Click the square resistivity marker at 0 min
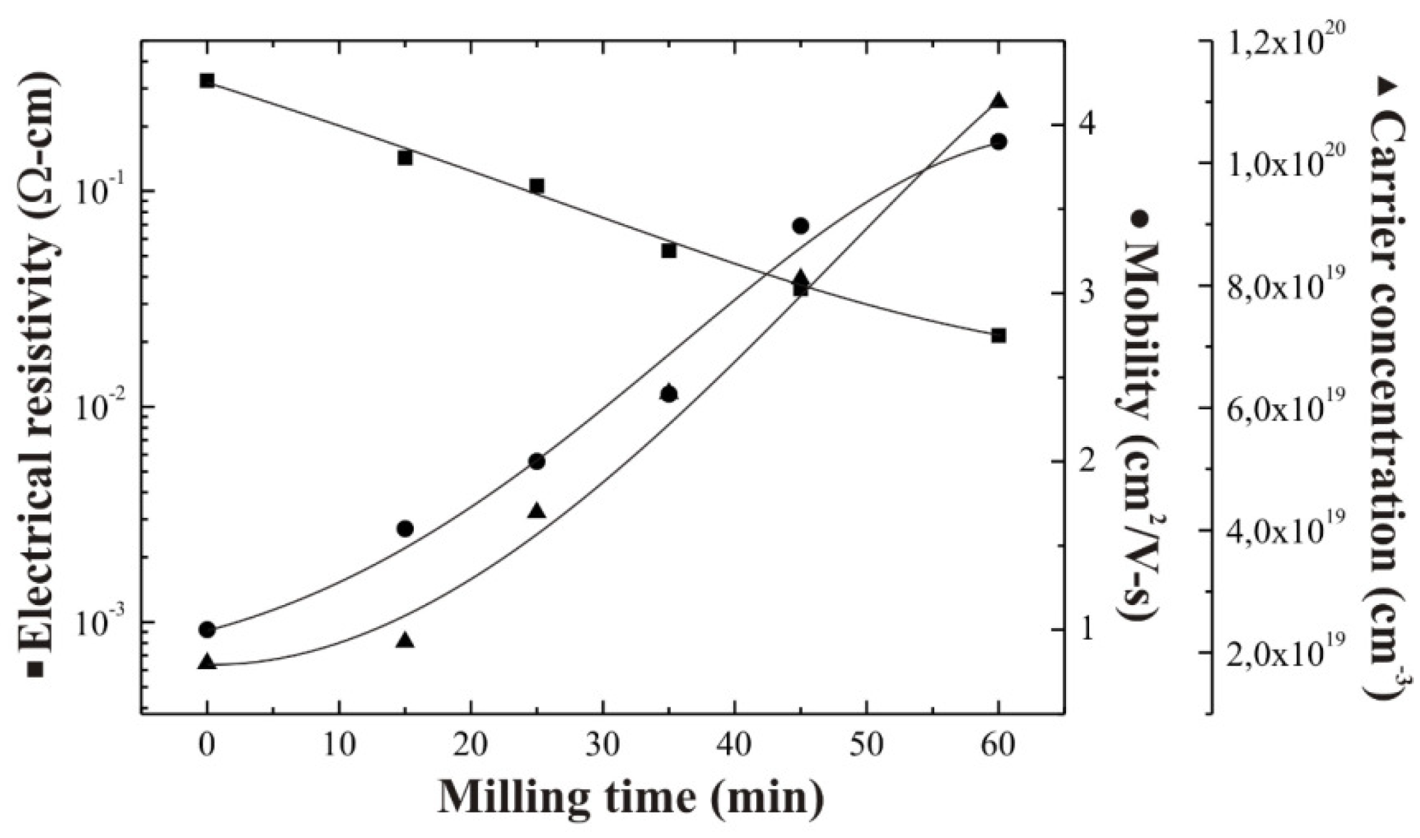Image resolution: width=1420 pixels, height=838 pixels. point(207,80)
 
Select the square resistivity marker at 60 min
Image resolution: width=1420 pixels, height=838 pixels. point(998,335)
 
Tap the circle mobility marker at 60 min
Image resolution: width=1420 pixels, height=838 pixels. point(999,142)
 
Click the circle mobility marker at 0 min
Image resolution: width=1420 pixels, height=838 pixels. point(207,630)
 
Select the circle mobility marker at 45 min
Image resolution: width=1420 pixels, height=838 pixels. point(800,226)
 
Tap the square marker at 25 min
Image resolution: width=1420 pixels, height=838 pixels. point(537,186)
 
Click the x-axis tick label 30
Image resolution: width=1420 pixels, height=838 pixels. point(603,745)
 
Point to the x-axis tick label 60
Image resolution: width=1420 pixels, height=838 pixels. point(998,745)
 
